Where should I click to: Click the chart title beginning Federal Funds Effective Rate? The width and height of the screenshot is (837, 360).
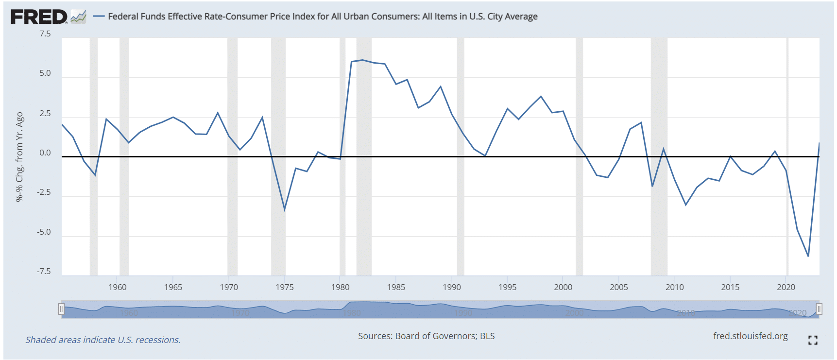[323, 17]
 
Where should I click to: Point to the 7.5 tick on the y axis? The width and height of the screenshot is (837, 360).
[45, 34]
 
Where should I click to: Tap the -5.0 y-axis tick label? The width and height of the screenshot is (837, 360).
[44, 232]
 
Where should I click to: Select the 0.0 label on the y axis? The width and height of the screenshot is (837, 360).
[45, 153]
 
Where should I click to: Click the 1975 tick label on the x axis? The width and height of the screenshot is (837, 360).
[285, 287]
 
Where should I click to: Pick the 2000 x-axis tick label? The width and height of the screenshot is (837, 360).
[563, 287]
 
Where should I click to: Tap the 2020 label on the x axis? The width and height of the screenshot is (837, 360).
[786, 287]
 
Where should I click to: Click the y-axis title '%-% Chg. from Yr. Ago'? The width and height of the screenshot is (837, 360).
[19, 156]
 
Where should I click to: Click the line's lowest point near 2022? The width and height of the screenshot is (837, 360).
[808, 256]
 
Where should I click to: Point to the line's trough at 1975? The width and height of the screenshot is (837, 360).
[285, 209]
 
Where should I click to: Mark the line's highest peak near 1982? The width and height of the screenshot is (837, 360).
[362, 60]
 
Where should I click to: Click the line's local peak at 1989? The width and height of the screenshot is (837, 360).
[441, 86]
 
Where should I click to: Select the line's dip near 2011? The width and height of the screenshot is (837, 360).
[686, 205]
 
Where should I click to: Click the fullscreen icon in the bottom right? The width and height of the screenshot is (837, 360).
[813, 341]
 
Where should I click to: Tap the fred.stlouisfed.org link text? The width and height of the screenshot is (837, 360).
[750, 336]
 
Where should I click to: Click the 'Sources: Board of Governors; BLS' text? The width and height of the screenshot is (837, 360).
[426, 336]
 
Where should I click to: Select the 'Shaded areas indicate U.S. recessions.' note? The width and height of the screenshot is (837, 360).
[103, 340]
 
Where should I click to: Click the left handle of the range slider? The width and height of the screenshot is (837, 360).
[61, 309]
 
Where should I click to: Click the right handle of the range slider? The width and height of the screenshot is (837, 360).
[819, 309]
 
